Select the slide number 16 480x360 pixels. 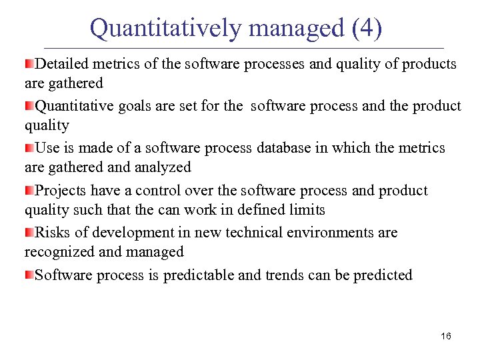click(x=446, y=336)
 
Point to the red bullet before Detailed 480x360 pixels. click(x=29, y=64)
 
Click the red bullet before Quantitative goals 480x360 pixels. click(x=29, y=106)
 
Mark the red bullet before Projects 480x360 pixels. click(x=29, y=191)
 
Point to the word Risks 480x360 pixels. click(x=53, y=233)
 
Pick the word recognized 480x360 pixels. click(x=58, y=251)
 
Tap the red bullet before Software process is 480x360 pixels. click(x=29, y=275)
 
